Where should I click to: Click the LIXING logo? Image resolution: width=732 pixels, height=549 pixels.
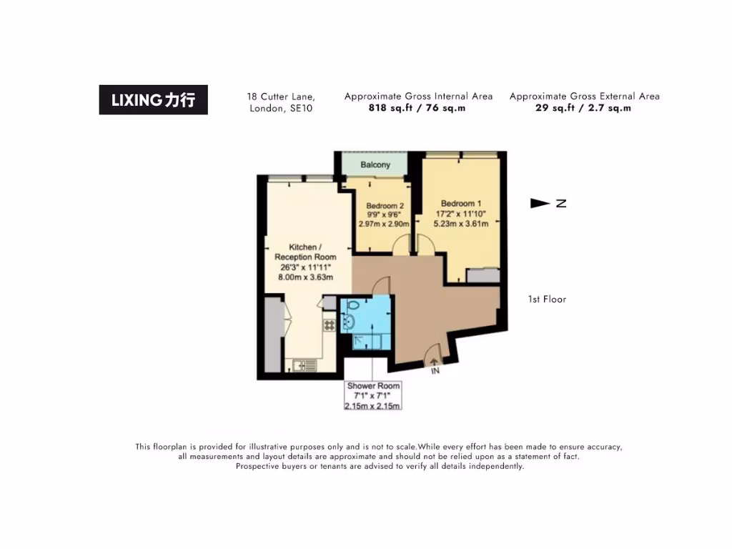pyautogui.click(x=153, y=100)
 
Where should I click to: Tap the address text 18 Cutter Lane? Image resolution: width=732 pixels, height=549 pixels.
pyautogui.click(x=281, y=97)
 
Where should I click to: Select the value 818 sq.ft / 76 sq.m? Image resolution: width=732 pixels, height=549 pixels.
pyautogui.click(x=417, y=109)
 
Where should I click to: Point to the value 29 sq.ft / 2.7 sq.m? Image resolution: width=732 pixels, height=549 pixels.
pyautogui.click(x=583, y=109)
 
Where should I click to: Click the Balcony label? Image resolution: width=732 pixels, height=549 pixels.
pyautogui.click(x=375, y=165)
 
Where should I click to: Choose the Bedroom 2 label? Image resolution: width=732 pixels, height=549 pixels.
pyautogui.click(x=385, y=206)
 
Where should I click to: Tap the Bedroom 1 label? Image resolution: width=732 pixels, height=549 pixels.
pyautogui.click(x=460, y=204)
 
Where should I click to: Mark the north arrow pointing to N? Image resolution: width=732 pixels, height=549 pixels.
pyautogui.click(x=540, y=204)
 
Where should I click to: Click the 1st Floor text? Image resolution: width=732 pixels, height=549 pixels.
pyautogui.click(x=546, y=300)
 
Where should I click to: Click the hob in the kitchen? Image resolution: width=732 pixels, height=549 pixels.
pyautogui.click(x=330, y=325)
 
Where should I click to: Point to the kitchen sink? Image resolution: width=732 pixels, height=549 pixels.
pyautogui.click(x=305, y=365)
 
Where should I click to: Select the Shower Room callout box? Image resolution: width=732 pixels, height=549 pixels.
pyautogui.click(x=372, y=396)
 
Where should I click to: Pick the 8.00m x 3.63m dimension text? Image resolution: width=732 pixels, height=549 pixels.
pyautogui.click(x=305, y=277)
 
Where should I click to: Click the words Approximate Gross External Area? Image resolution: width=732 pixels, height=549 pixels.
pyautogui.click(x=584, y=97)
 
